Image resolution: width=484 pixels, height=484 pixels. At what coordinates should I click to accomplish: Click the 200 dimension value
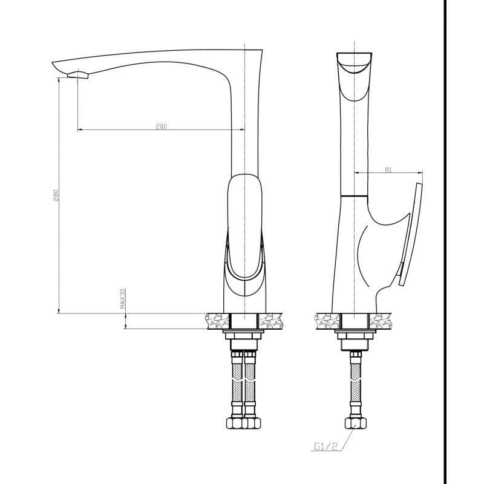pyautogui.click(x=161, y=126)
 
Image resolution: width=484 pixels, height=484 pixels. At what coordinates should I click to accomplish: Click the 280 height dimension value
pyautogui.click(x=56, y=195)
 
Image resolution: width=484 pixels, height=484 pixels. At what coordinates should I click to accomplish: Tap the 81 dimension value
pyautogui.click(x=388, y=169)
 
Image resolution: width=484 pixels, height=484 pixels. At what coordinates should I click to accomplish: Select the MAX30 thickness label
pyautogui.click(x=123, y=298)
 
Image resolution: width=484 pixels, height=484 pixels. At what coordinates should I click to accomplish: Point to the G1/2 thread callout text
pyautogui.click(x=325, y=446)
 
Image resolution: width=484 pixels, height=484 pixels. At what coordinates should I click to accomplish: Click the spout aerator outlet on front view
pyautogui.click(x=78, y=74)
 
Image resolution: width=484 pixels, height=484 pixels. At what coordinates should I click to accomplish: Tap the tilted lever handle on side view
pyautogui.click(x=411, y=234)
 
